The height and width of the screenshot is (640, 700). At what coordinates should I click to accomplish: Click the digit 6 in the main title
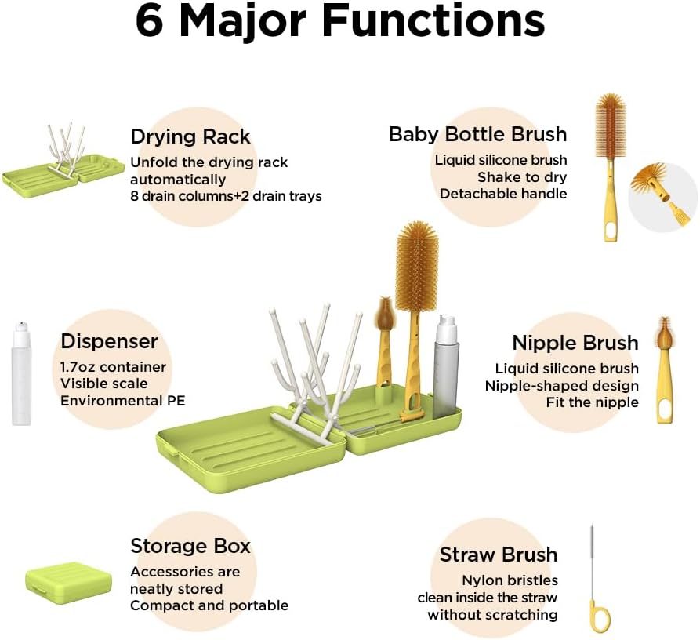150,21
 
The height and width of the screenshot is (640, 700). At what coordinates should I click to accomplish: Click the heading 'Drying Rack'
190,136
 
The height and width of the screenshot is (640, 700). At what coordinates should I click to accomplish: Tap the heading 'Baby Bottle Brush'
477,134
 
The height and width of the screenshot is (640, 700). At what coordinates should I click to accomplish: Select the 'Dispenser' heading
110,341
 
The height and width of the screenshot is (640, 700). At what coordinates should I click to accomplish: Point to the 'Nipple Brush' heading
575,343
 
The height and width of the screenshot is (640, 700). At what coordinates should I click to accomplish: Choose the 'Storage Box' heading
190,546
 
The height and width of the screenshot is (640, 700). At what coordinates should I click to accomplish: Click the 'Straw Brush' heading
499,555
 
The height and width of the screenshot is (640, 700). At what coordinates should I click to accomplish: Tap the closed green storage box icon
68,583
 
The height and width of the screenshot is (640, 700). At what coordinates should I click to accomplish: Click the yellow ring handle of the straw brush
599,616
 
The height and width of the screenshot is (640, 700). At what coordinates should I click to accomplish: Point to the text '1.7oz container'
114,367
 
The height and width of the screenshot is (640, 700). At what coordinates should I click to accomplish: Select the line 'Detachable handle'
503,194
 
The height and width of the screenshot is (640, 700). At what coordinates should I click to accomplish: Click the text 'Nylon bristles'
510,580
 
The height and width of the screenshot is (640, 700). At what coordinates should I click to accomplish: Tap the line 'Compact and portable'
209,605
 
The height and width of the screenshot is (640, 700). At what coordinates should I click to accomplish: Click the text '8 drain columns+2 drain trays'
226,196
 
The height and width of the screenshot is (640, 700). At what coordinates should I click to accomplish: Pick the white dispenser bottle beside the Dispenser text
21,373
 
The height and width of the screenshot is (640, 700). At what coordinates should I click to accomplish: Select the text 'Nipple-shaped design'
561,386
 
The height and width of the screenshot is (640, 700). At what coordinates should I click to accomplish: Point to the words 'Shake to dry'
522,177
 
